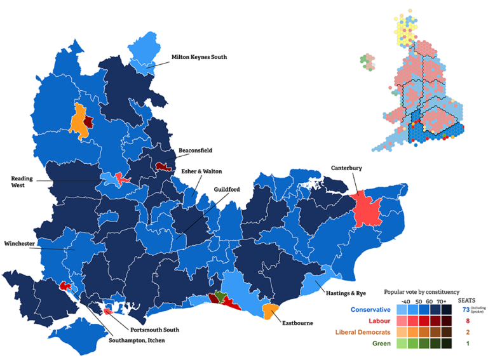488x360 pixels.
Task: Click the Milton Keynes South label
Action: [199, 57]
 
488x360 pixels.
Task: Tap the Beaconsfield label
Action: [195, 150]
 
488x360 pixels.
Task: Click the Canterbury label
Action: [346, 168]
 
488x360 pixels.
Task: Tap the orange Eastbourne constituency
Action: [270, 310]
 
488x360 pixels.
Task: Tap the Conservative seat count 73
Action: [466, 309]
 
